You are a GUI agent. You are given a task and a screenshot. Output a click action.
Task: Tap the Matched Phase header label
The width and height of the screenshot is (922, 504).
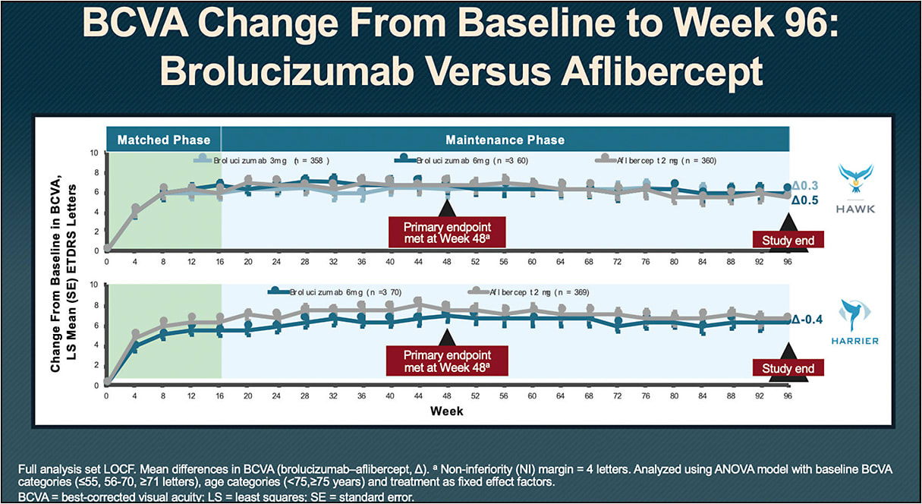point(164,140)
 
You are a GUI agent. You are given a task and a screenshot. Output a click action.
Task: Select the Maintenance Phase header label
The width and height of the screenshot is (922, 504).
point(505,140)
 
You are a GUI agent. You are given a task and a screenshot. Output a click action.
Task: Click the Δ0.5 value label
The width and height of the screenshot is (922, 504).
point(807,201)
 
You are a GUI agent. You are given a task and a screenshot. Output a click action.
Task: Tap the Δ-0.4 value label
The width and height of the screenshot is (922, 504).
point(810,320)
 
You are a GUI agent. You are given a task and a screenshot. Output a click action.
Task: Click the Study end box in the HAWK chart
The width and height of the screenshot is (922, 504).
point(788,241)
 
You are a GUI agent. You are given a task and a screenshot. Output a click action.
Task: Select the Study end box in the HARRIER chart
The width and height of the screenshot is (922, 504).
point(788,368)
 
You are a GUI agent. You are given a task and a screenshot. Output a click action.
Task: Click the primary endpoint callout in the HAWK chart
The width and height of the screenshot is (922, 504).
point(446,232)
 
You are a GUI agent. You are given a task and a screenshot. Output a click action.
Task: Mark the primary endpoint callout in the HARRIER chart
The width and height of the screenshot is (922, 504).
point(446,361)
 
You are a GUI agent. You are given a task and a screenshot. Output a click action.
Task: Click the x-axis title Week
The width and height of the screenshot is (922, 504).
point(446,411)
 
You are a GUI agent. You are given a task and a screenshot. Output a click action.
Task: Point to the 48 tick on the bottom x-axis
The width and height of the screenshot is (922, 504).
point(446,395)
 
